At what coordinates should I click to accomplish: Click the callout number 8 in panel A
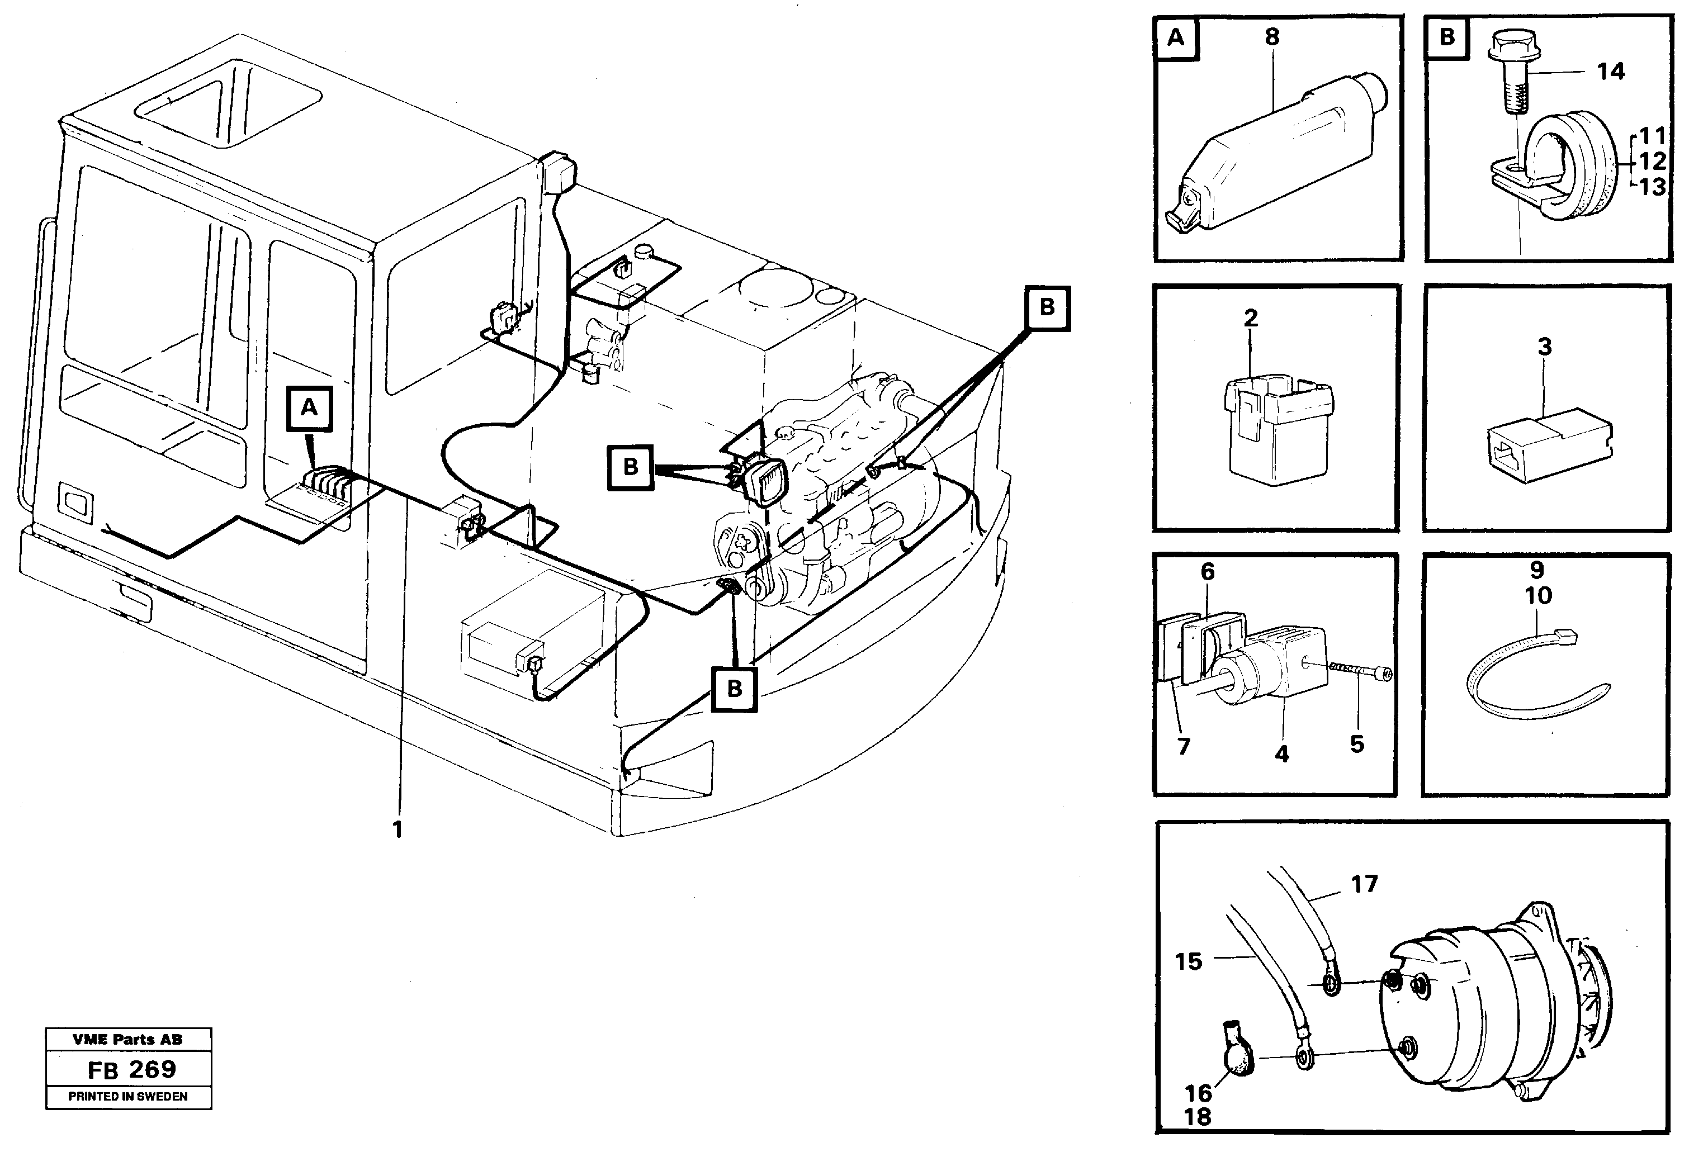pos(1272,37)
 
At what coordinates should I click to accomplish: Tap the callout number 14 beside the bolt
pos(1611,71)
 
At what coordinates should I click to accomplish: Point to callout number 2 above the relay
pos(1251,317)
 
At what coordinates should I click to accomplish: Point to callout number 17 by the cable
pos(1364,884)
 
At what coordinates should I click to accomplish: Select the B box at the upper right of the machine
pos(1047,307)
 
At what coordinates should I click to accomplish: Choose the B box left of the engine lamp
pos(630,467)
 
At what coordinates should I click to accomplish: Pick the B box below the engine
pos(734,688)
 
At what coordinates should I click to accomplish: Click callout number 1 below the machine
pos(397,829)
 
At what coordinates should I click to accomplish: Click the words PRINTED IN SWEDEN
pos(128,1096)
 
